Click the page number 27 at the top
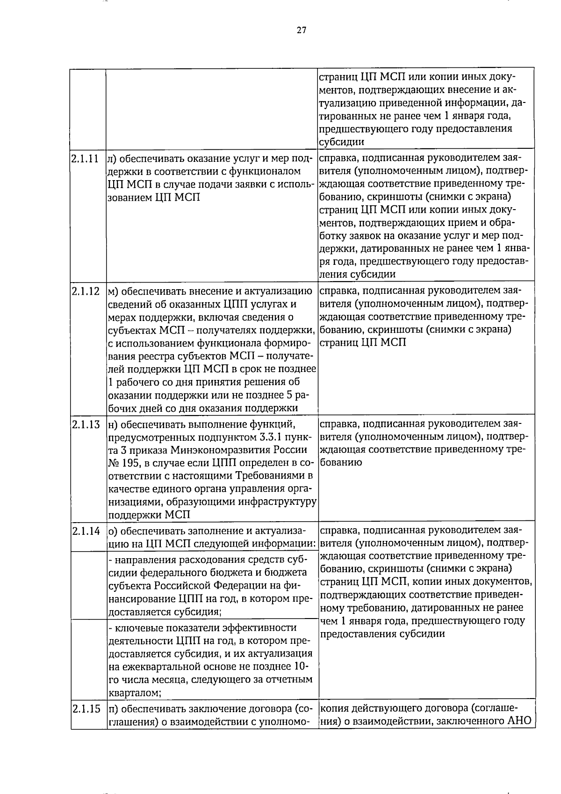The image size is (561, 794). (x=301, y=31)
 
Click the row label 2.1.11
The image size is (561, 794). (x=86, y=159)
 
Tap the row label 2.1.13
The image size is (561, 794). (x=86, y=425)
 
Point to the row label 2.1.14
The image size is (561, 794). (x=86, y=531)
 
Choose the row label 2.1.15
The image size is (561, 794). (x=86, y=709)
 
